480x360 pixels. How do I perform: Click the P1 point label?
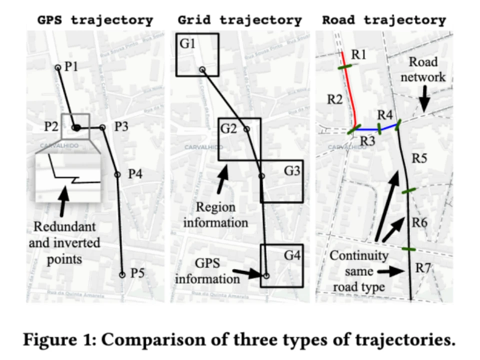(70, 66)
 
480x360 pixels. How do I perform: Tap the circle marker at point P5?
(122, 274)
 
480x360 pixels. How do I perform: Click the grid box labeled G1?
(197, 54)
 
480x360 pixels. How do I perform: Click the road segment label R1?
(358, 55)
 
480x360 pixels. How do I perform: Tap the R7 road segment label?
(423, 268)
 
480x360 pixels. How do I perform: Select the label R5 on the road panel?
(419, 159)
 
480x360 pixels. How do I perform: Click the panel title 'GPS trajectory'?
(95, 20)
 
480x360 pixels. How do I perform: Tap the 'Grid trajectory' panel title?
(239, 20)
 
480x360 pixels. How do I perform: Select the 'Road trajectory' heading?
(383, 20)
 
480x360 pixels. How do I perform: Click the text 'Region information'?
(215, 214)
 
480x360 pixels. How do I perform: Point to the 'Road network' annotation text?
(423, 69)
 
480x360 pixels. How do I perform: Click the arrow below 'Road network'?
(424, 100)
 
